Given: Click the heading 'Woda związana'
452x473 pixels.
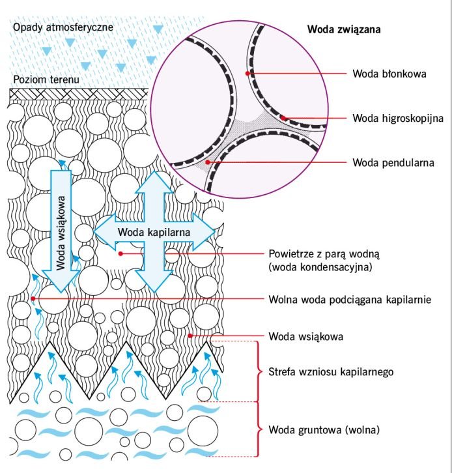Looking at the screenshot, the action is click(344, 29).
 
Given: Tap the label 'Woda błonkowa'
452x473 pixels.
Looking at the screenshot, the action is click(389, 74).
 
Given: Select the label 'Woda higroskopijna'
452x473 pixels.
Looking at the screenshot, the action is click(398, 118).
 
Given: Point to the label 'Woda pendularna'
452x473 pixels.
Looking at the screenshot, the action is click(393, 163).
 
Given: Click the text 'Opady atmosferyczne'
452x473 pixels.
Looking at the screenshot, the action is click(63, 27).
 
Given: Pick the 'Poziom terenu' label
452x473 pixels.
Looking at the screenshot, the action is click(46, 79).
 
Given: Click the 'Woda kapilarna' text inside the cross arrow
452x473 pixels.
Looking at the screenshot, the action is click(154, 232).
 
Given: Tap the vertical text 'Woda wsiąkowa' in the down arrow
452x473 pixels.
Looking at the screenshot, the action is click(61, 233).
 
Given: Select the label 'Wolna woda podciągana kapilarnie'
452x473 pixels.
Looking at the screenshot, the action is click(350, 300).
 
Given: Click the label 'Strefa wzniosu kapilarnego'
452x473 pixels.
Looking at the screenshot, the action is click(331, 371).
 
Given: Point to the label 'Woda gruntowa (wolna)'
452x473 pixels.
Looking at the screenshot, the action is click(324, 429).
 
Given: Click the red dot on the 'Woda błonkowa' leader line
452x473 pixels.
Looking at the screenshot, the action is click(247, 74).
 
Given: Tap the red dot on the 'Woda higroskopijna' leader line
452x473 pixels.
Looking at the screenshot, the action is click(283, 118).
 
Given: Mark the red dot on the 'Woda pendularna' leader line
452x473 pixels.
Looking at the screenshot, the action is click(208, 162).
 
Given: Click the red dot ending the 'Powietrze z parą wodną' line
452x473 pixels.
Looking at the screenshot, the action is click(120, 253).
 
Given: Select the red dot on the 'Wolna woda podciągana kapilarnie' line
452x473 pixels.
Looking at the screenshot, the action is click(33, 298).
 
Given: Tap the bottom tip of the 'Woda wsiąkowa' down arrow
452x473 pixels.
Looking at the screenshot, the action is click(61, 292).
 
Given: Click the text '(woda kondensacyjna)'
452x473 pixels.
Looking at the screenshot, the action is click(320, 267).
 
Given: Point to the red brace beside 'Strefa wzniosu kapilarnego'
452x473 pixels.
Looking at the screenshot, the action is click(259, 371).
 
